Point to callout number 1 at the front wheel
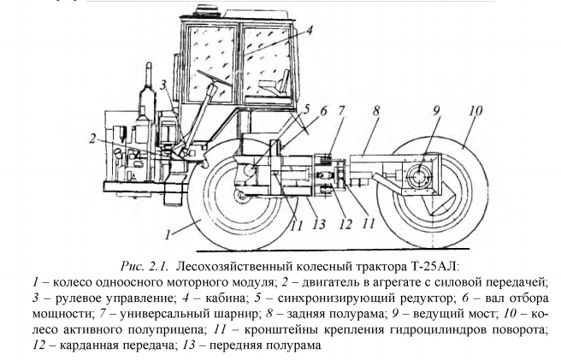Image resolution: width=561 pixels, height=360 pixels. tap(170, 232)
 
